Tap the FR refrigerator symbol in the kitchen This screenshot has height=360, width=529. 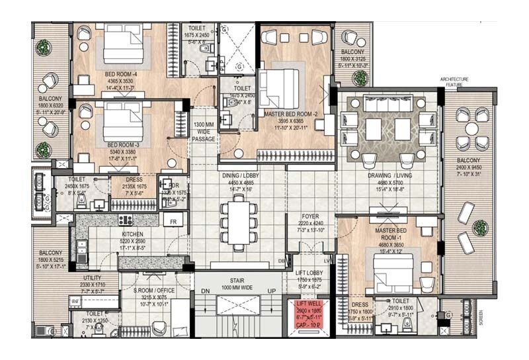[x=173, y=222]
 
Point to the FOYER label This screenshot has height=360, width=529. [x=311, y=215]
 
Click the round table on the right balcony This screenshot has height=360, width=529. [x=471, y=128]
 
